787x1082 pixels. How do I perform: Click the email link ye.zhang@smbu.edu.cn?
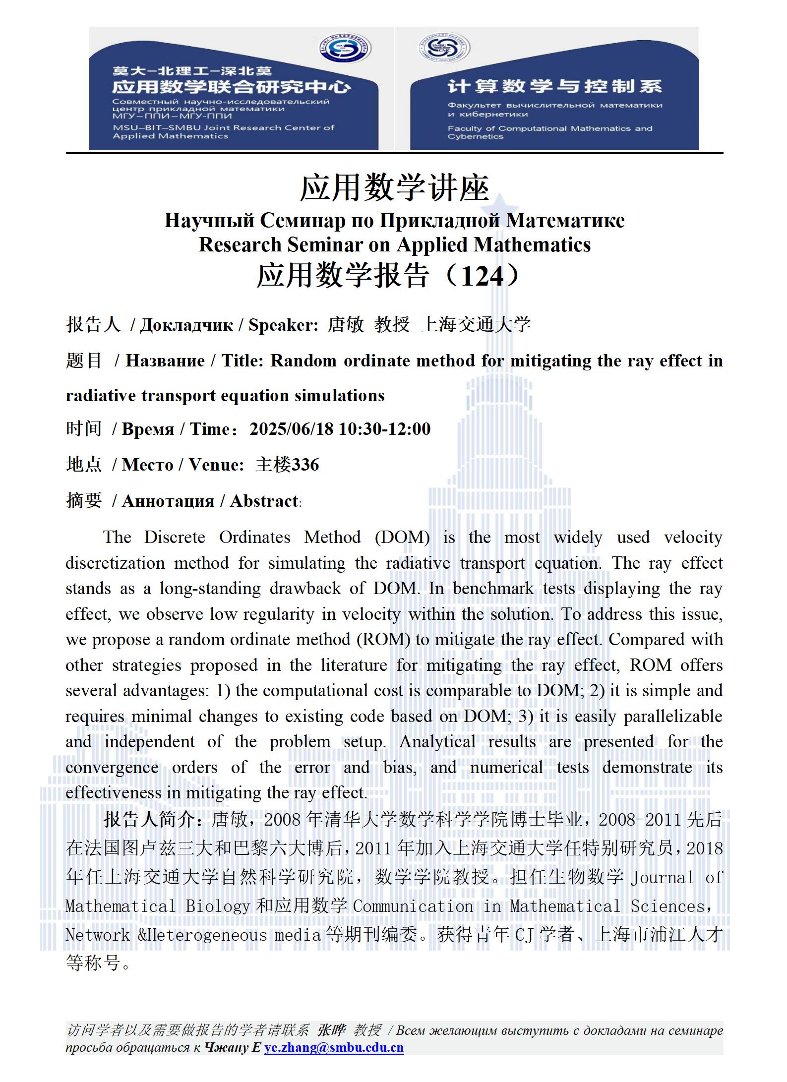coord(334,1047)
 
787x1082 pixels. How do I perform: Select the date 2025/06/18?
coord(291,429)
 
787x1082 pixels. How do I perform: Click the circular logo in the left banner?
coord(345,49)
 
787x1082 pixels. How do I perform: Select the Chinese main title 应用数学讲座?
coord(394,188)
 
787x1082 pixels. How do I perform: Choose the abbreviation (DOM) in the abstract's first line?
coord(402,538)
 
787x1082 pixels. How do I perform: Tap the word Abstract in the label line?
coord(264,501)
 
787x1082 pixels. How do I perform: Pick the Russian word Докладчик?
coord(186,325)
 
